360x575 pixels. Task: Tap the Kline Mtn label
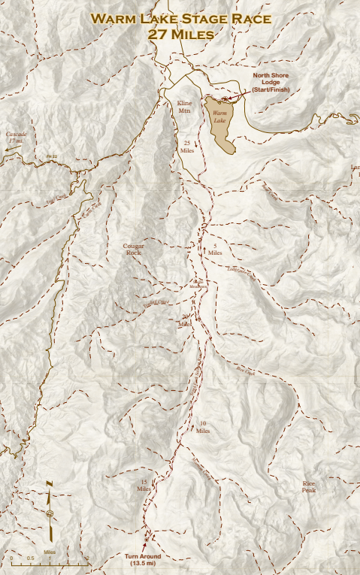pyautogui.click(x=185, y=106)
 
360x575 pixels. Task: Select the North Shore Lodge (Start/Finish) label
pyautogui.click(x=270, y=83)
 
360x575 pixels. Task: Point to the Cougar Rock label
pyautogui.click(x=133, y=250)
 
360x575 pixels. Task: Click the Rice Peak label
pyautogui.click(x=309, y=486)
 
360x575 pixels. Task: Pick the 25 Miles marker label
pyautogui.click(x=188, y=146)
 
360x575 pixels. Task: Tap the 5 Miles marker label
pyautogui.click(x=215, y=250)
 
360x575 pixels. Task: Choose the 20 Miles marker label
pyautogui.click(x=184, y=321)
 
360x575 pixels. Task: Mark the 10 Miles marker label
pyautogui.click(x=203, y=428)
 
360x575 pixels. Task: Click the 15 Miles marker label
pyautogui.click(x=144, y=485)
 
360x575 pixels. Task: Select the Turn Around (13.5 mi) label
pyautogui.click(x=143, y=559)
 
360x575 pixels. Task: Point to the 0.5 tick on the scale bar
pyautogui.click(x=31, y=558)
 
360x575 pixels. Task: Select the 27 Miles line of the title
pyautogui.click(x=180, y=34)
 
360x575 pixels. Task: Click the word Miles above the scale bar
pyautogui.click(x=50, y=551)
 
